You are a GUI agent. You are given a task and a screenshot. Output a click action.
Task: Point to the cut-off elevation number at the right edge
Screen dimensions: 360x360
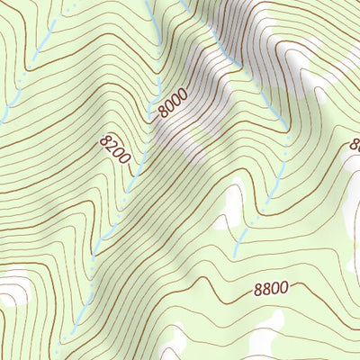click(355, 144)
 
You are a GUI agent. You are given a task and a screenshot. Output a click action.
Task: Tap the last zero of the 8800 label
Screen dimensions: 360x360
click(283, 288)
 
